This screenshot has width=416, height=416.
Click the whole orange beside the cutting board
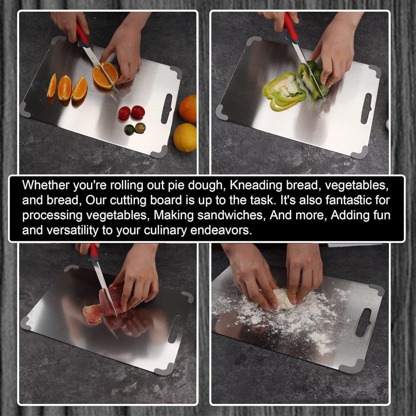click(188, 108)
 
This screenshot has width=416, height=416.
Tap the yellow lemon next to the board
click(185, 137)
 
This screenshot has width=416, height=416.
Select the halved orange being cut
click(105, 75)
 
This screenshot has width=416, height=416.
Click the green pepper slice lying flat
click(284, 92)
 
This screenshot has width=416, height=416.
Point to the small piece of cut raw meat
click(92, 314)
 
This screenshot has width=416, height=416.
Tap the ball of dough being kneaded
click(284, 299)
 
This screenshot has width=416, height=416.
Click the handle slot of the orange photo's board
click(166, 109)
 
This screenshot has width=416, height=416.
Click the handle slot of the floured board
click(363, 323)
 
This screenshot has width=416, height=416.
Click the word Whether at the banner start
click(46, 185)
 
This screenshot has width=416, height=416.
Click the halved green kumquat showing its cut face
click(140, 128)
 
